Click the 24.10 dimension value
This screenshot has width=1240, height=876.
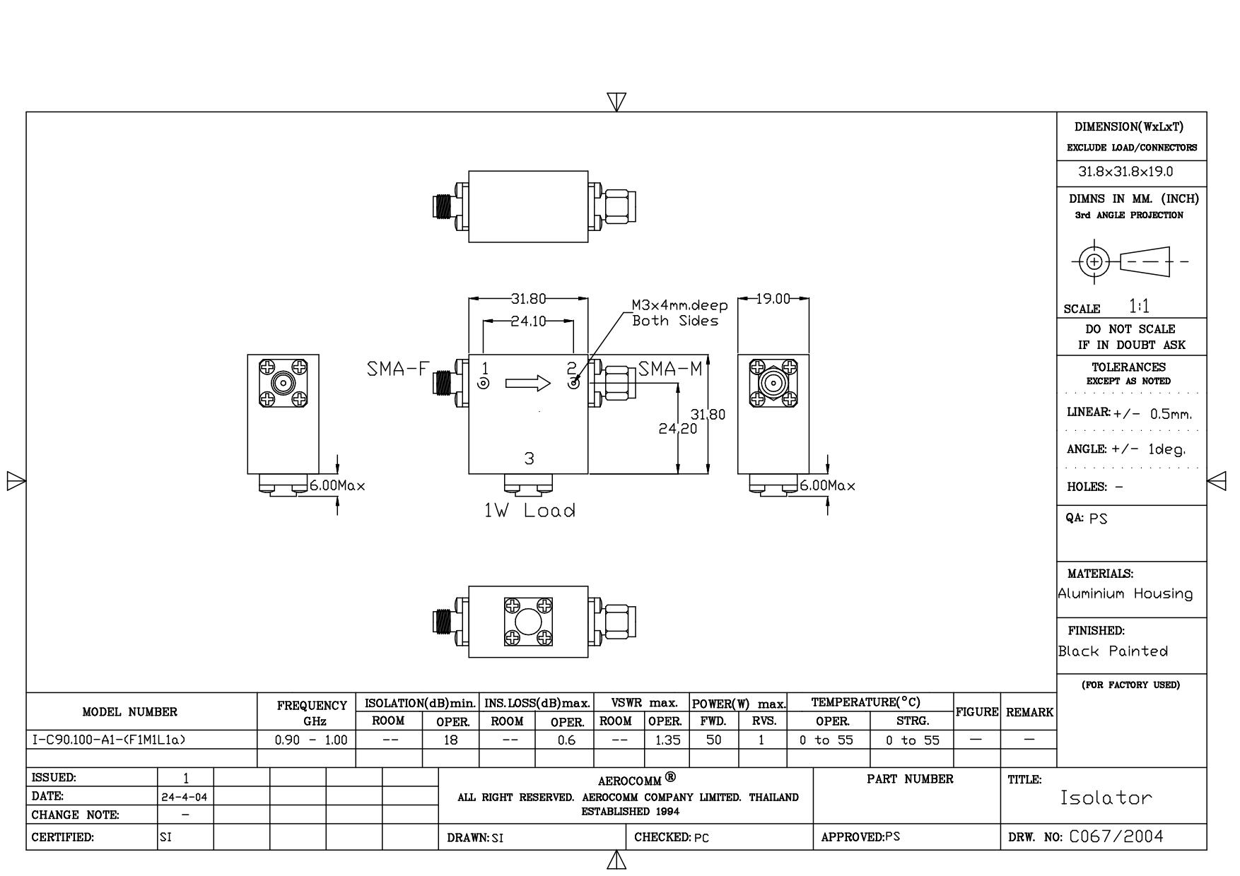pyautogui.click(x=529, y=321)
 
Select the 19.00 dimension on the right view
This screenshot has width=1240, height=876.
pyautogui.click(x=773, y=299)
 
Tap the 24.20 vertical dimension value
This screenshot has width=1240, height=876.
pyautogui.click(x=678, y=428)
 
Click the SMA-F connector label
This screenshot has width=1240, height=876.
pyautogui.click(x=398, y=369)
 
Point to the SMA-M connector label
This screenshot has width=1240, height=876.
pyautogui.click(x=670, y=369)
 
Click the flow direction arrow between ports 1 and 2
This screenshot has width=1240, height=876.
pyautogui.click(x=528, y=383)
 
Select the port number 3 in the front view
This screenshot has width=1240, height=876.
pyautogui.click(x=530, y=458)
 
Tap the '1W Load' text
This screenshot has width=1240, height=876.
pyautogui.click(x=530, y=510)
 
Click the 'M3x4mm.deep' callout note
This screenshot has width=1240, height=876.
pyautogui.click(x=679, y=306)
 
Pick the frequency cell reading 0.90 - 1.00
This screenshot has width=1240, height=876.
pyautogui.click(x=311, y=740)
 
